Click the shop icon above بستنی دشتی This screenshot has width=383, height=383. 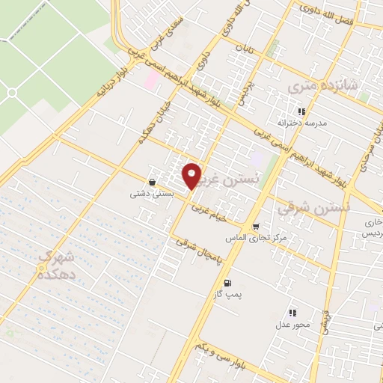click(x=153, y=182)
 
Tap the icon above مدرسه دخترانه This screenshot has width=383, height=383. click(x=301, y=111)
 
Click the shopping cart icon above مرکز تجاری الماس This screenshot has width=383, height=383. click(x=256, y=226)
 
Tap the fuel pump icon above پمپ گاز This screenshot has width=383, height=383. click(x=227, y=283)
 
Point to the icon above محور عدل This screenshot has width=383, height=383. click(x=292, y=313)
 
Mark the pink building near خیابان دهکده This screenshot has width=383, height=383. click(x=152, y=80)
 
